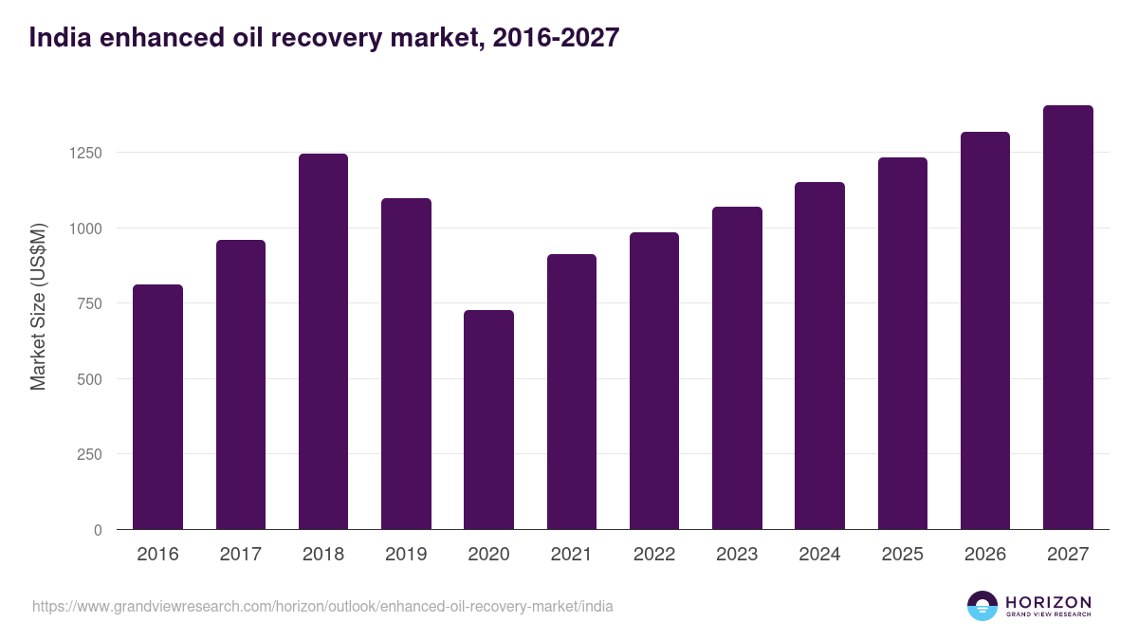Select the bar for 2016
pos(157,407)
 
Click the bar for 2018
pos(323,341)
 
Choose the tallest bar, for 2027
pos(1068,317)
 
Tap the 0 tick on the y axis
pos(98,530)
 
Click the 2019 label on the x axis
pos(406,555)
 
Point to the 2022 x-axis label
pos(654,555)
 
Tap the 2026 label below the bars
pos(985,555)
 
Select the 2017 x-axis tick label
pos(241,555)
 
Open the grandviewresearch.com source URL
pos(322,606)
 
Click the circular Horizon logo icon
pos(982,606)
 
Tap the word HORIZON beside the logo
pos(1048,602)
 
